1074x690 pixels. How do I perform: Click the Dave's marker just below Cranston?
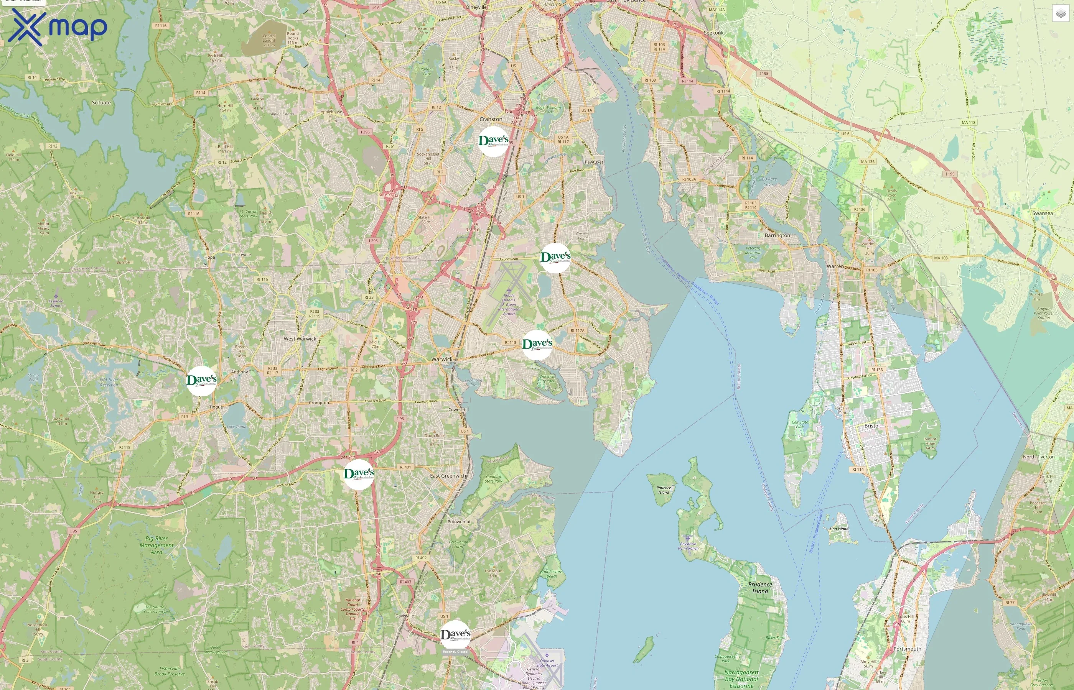(x=494, y=141)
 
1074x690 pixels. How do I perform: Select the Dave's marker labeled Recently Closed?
(x=455, y=635)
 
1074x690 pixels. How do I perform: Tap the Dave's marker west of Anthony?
(x=201, y=381)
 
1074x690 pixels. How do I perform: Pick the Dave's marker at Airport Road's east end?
(x=555, y=258)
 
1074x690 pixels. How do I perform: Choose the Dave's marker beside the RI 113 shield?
(x=537, y=345)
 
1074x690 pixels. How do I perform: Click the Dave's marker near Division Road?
(x=359, y=474)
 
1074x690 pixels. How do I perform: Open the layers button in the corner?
(x=1061, y=13)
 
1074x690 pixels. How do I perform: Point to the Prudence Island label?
(x=760, y=587)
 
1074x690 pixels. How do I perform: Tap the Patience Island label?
(x=664, y=490)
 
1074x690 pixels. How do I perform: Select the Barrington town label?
(x=777, y=235)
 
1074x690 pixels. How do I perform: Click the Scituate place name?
(x=101, y=103)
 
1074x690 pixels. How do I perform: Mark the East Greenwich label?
(x=448, y=476)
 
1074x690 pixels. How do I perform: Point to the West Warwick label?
(x=300, y=339)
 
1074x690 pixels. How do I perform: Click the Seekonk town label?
(x=713, y=33)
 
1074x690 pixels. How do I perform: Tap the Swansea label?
(x=1042, y=213)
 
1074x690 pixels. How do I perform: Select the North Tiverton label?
(x=1039, y=457)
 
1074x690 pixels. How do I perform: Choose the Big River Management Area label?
(x=156, y=545)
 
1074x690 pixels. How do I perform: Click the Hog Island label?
(x=839, y=529)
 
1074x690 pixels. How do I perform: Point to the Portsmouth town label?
(x=907, y=649)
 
